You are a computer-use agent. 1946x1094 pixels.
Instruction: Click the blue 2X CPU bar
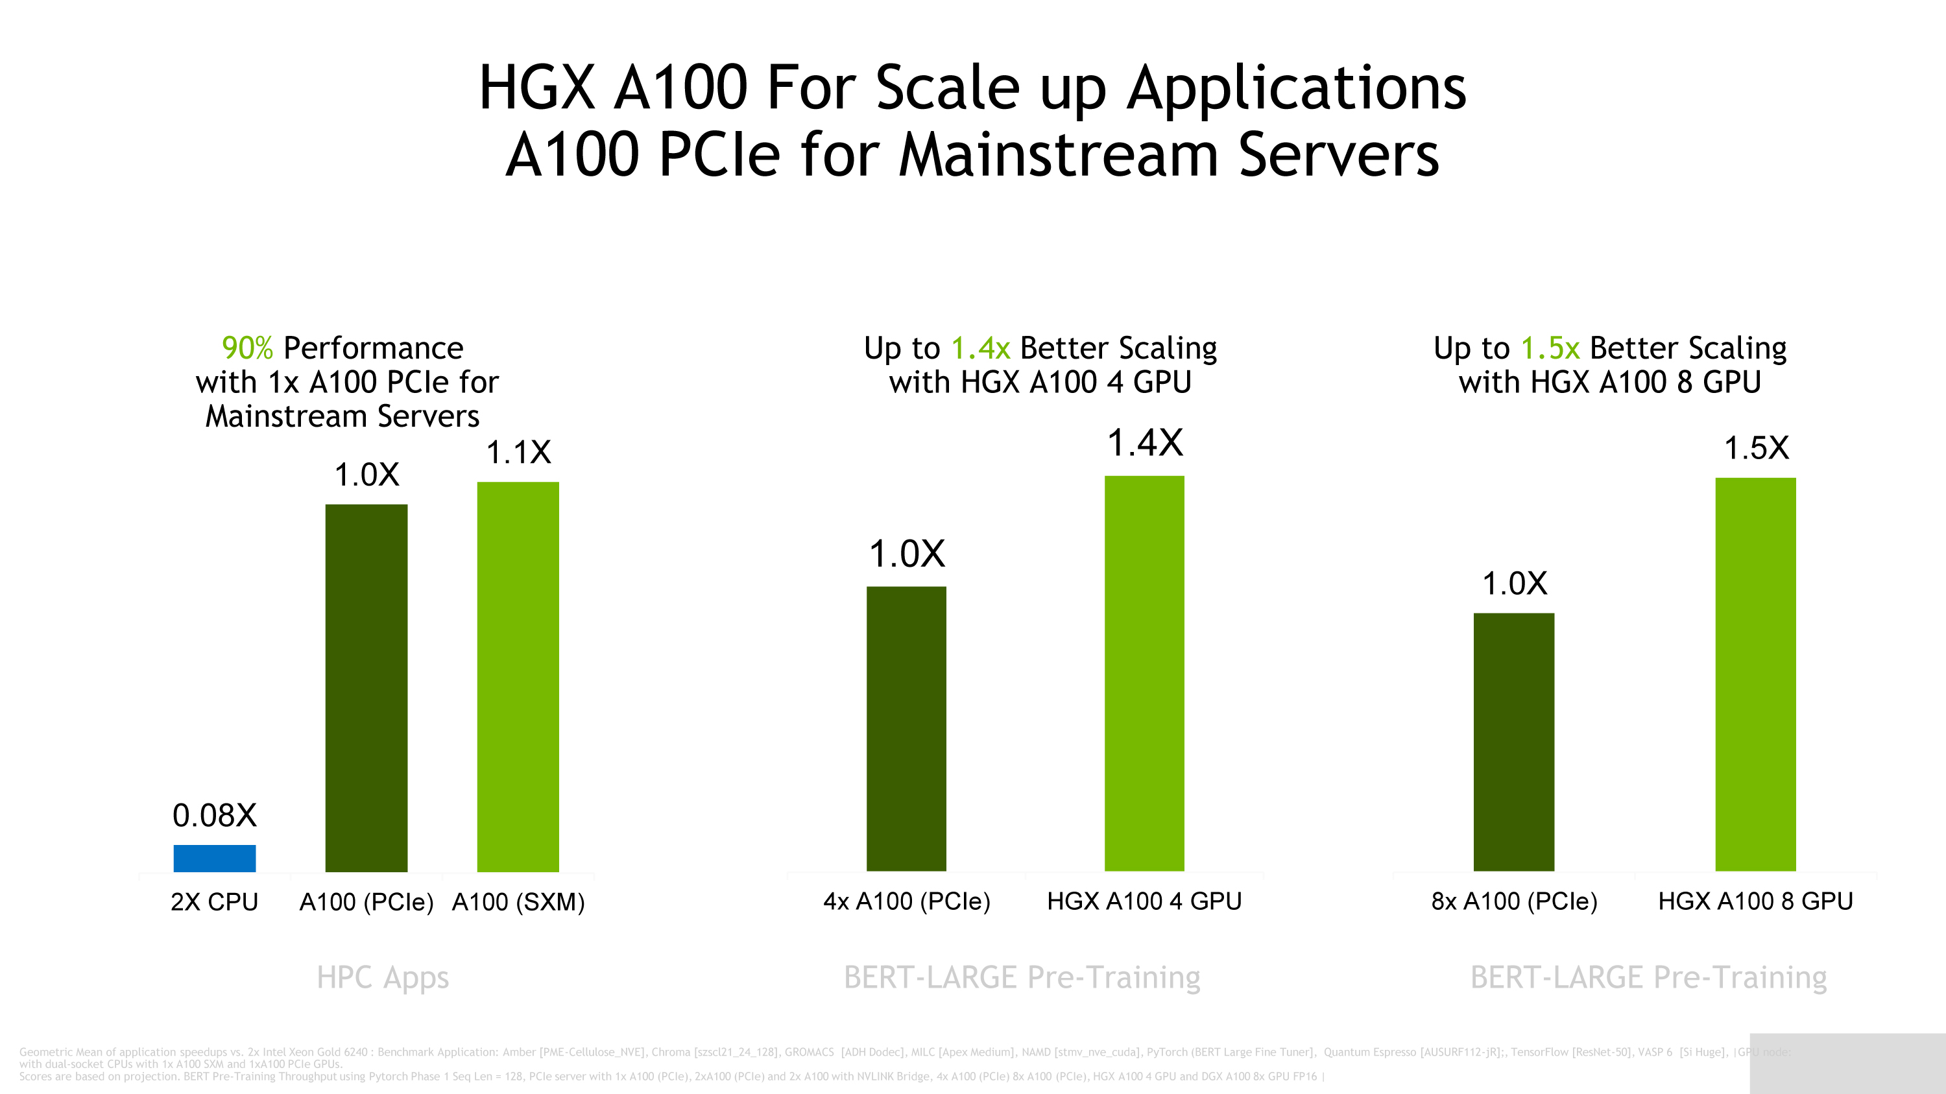click(x=215, y=858)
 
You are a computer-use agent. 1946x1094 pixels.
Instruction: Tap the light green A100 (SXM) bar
click(x=518, y=676)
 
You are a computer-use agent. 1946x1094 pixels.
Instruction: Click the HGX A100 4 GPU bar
click(x=1144, y=674)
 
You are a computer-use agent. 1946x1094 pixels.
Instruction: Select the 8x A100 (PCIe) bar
click(x=1514, y=741)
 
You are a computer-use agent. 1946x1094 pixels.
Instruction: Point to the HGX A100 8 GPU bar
click(x=1756, y=674)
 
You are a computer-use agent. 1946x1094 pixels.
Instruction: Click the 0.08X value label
click(x=215, y=815)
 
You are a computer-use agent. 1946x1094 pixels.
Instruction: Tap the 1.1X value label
click(x=518, y=452)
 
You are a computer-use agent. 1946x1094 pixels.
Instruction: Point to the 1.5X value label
click(x=1757, y=447)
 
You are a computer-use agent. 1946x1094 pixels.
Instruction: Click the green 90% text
click(x=247, y=348)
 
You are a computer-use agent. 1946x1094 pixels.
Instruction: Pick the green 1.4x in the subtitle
click(x=979, y=348)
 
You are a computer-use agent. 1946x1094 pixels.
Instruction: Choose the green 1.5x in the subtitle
click(x=1550, y=348)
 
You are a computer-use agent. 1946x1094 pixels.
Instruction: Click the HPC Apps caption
click(x=382, y=978)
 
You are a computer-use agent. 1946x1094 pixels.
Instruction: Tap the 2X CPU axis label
click(x=215, y=901)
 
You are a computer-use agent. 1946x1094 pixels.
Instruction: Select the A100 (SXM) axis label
click(x=518, y=901)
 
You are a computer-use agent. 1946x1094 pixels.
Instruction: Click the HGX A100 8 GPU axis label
click(x=1756, y=901)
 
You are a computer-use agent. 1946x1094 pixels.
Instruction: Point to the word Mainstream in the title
click(x=1057, y=155)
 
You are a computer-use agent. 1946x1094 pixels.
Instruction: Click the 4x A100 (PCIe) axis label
click(x=907, y=901)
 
